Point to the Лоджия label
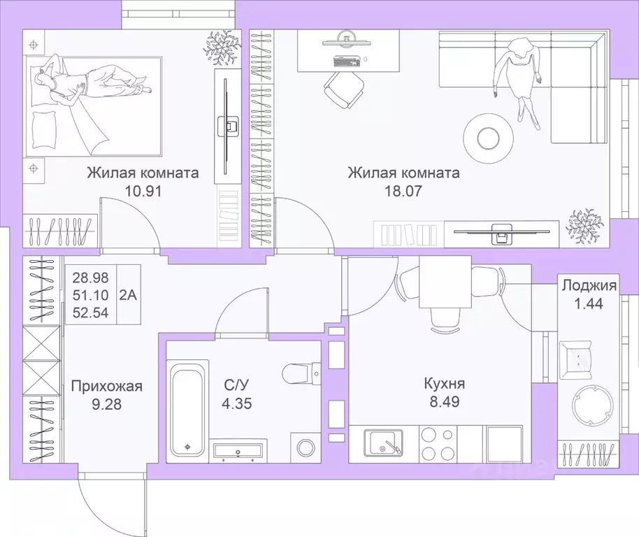588,285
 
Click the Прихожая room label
107,385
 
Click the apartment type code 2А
129,294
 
